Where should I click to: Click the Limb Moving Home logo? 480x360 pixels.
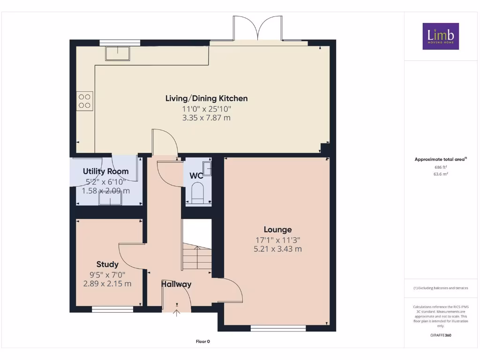pos(441,36)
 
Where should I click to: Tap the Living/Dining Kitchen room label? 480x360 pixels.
pos(206,98)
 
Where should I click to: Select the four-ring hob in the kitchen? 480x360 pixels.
pos(84,101)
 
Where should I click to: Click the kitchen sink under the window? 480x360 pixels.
pos(118,53)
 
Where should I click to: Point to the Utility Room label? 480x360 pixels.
pos(105,172)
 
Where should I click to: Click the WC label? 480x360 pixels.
pos(196,176)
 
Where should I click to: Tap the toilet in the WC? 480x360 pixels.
pos(197,193)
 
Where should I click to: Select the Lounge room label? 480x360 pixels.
pos(277,230)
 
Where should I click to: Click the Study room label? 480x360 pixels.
pos(107,264)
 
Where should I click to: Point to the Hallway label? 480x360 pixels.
pos(176,284)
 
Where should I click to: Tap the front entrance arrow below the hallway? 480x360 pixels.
pos(177,313)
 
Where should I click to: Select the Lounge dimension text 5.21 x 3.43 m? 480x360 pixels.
pos(277,249)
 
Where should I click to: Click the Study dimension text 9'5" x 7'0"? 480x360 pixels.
pos(107,275)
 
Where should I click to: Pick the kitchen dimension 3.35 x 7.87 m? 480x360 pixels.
pos(206,118)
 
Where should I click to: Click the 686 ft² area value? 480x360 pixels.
pos(441,167)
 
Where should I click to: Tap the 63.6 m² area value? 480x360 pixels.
pos(441,174)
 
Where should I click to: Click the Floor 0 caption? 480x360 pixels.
pos(202,341)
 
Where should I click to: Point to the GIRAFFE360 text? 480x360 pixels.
pos(441,335)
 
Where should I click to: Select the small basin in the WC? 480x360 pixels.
pos(207,168)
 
